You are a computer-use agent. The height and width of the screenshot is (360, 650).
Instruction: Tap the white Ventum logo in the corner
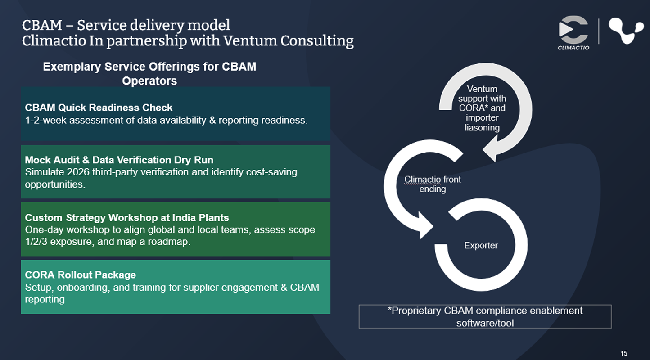click(x=626, y=31)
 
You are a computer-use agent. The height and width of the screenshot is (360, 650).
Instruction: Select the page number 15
click(x=624, y=353)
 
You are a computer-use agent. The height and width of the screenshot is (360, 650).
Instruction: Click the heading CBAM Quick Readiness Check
click(x=99, y=108)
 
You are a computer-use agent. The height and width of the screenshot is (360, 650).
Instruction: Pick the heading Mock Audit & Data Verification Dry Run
click(x=119, y=160)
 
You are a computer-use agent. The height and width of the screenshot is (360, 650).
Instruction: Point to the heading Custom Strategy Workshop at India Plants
click(x=127, y=218)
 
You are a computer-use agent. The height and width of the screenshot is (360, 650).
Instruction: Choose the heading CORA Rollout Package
click(x=80, y=274)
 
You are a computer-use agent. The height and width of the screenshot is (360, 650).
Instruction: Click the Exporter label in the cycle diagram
click(x=481, y=246)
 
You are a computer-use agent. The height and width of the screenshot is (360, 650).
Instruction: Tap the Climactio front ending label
click(x=433, y=184)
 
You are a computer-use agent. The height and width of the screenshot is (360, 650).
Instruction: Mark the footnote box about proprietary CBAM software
click(x=485, y=316)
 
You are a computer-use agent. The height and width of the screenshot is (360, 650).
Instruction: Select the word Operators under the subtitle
click(x=149, y=81)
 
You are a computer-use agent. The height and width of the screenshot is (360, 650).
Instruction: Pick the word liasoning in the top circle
click(x=482, y=128)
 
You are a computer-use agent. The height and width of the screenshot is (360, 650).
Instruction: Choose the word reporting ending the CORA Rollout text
click(x=45, y=299)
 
